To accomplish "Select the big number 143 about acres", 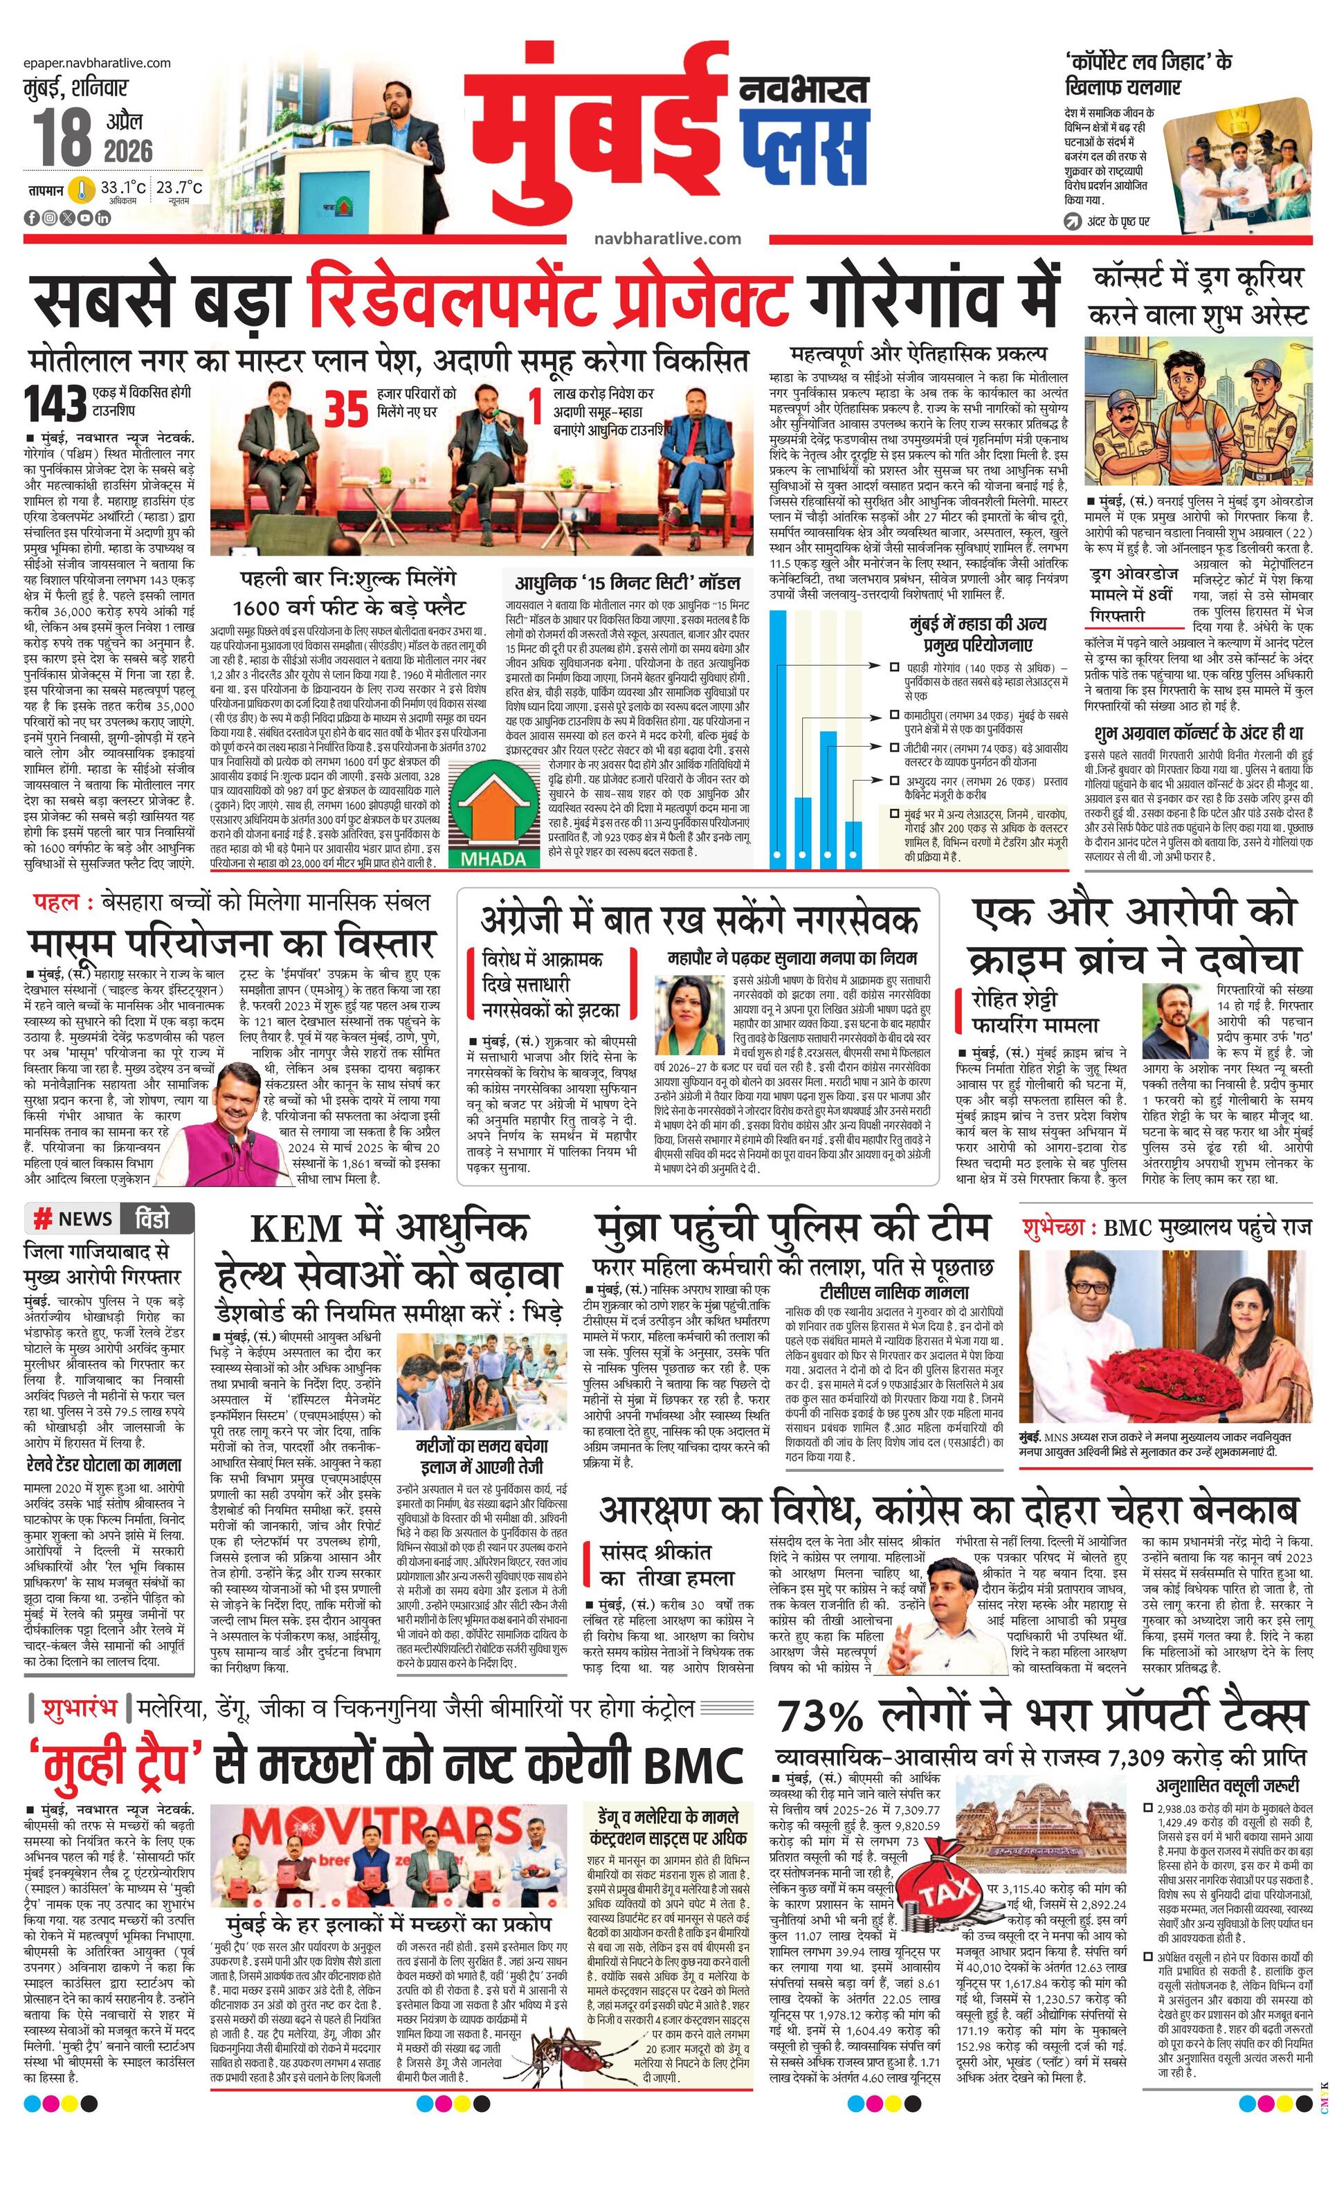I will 55,403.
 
